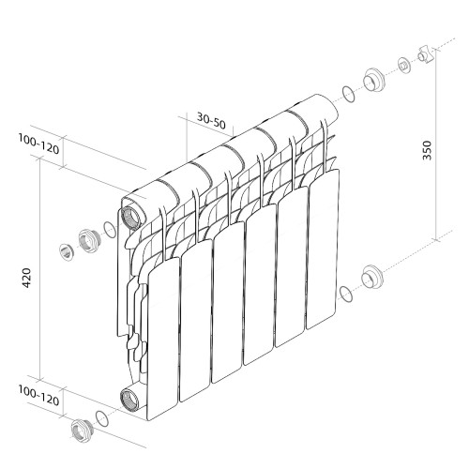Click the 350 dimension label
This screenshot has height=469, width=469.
[x=427, y=151]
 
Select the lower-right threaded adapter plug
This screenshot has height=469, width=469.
[x=372, y=279]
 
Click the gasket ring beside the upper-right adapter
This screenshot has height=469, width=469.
[x=348, y=93]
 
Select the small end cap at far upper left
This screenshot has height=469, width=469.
[x=67, y=250]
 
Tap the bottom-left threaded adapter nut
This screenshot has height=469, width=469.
[x=81, y=430]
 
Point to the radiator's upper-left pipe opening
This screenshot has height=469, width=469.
[x=132, y=213]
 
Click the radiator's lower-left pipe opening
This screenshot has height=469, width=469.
[x=130, y=398]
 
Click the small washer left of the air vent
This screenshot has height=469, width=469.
[x=403, y=65]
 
